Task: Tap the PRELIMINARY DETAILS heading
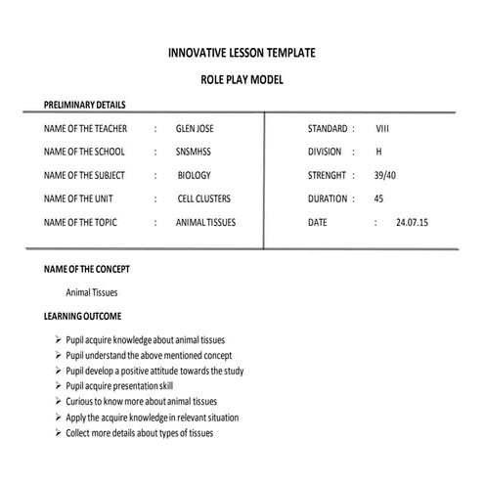click(x=85, y=105)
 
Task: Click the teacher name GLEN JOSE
click(x=194, y=128)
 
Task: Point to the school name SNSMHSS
click(x=193, y=152)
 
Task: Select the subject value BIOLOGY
click(x=195, y=175)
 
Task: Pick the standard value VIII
click(x=382, y=128)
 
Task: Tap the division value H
click(x=378, y=152)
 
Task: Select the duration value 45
click(x=378, y=198)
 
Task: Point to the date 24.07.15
click(x=413, y=222)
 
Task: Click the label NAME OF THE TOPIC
click(x=81, y=222)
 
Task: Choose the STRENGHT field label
click(x=327, y=175)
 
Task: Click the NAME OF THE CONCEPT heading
click(x=87, y=268)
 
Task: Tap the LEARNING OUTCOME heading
click(x=83, y=317)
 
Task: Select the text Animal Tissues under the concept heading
click(x=91, y=292)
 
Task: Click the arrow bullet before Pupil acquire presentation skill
click(x=59, y=386)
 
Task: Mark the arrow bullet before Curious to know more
click(x=59, y=402)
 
